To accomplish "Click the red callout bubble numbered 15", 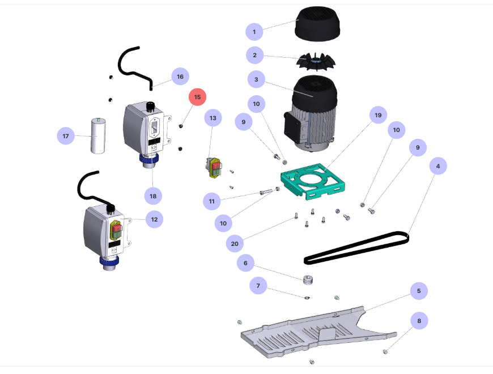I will pyautogui.click(x=197, y=97).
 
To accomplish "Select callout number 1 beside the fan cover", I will pyautogui.click(x=254, y=31).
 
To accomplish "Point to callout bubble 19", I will pyautogui.click(x=378, y=115).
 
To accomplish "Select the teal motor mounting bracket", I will pyautogui.click(x=314, y=182).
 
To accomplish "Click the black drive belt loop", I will pyautogui.click(x=357, y=247).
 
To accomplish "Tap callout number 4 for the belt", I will pyautogui.click(x=437, y=167).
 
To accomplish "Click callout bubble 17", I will pyautogui.click(x=66, y=137).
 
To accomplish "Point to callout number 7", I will pyautogui.click(x=258, y=286).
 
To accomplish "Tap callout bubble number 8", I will pyautogui.click(x=419, y=321).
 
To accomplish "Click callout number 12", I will pyautogui.click(x=154, y=218).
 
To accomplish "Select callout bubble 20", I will pyautogui.click(x=234, y=244).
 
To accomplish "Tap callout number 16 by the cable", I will pyautogui.click(x=180, y=76).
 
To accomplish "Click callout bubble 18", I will pyautogui.click(x=153, y=195).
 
